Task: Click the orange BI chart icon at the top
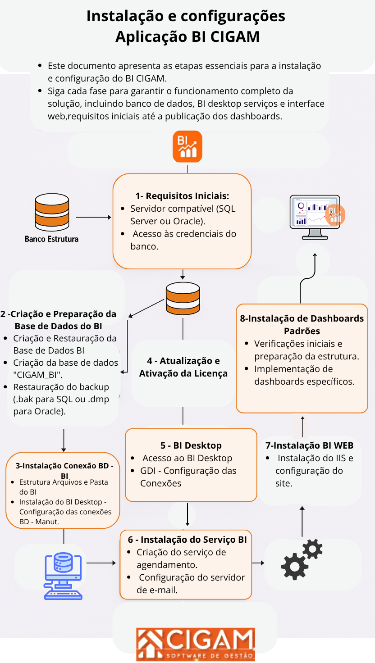click(x=187, y=146)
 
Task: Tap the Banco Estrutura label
click(x=51, y=239)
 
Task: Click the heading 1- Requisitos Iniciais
click(x=182, y=196)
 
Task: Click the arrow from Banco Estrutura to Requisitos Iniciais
click(x=94, y=217)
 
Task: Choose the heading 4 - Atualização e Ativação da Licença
click(x=183, y=367)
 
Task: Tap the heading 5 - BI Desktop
click(x=191, y=445)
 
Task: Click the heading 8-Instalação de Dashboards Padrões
click(x=302, y=324)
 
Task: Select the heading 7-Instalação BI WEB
click(x=309, y=445)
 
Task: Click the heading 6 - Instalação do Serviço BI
click(x=187, y=540)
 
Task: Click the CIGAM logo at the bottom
click(x=196, y=644)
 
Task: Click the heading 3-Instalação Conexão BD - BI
click(x=64, y=470)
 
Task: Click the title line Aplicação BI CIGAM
click(x=187, y=36)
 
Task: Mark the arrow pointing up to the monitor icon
click(x=314, y=266)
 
